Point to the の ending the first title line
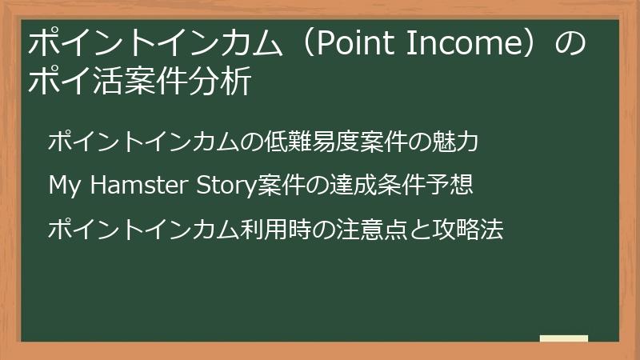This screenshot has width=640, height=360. click(x=570, y=43)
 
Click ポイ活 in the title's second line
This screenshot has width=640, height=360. click(x=75, y=81)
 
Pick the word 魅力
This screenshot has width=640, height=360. click(x=454, y=142)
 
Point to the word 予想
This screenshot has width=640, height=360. click(x=449, y=185)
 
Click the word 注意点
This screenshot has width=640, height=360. click(x=371, y=229)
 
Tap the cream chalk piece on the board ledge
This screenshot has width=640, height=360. click(x=564, y=338)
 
